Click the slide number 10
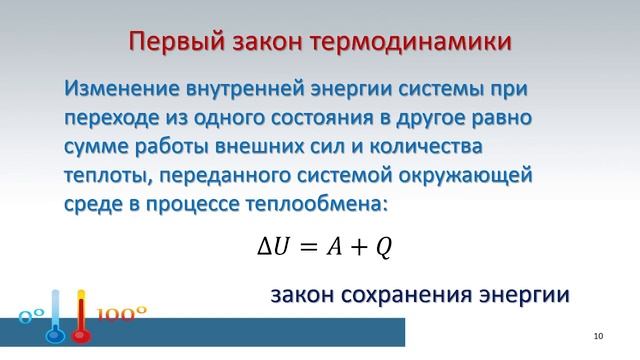[599, 331]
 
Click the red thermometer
[83, 320]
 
